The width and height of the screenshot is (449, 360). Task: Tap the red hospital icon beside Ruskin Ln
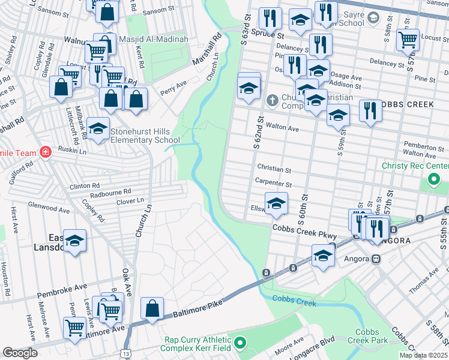point(44,153)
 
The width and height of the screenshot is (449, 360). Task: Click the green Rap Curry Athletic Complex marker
point(240,343)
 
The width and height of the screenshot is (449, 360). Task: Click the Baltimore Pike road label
point(193,308)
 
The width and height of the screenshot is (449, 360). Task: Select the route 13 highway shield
point(124,354)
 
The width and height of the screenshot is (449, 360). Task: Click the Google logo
point(20,353)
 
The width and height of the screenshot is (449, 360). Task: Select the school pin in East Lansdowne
point(74,241)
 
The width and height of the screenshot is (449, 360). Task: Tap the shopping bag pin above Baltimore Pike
point(152,308)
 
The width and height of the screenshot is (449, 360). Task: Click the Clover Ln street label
point(131,200)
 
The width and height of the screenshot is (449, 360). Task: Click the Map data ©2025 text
point(423,355)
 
